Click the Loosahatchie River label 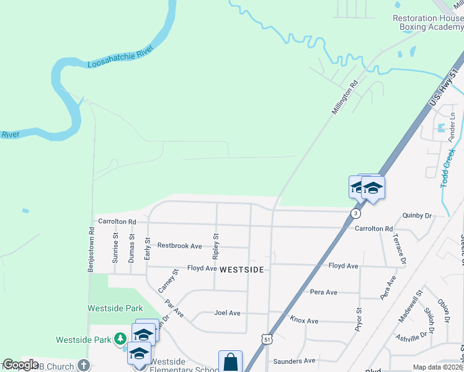[x=120, y=56]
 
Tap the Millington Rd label [x=346, y=95]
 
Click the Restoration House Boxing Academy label [x=428, y=23]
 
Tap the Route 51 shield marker [x=267, y=339]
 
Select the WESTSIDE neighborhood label [x=242, y=270]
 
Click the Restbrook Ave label [x=179, y=246]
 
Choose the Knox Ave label [x=304, y=321]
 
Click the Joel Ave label [x=226, y=313]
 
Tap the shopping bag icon [x=230, y=361]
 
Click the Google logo [x=20, y=365]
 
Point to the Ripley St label [x=216, y=246]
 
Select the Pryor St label [x=359, y=319]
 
